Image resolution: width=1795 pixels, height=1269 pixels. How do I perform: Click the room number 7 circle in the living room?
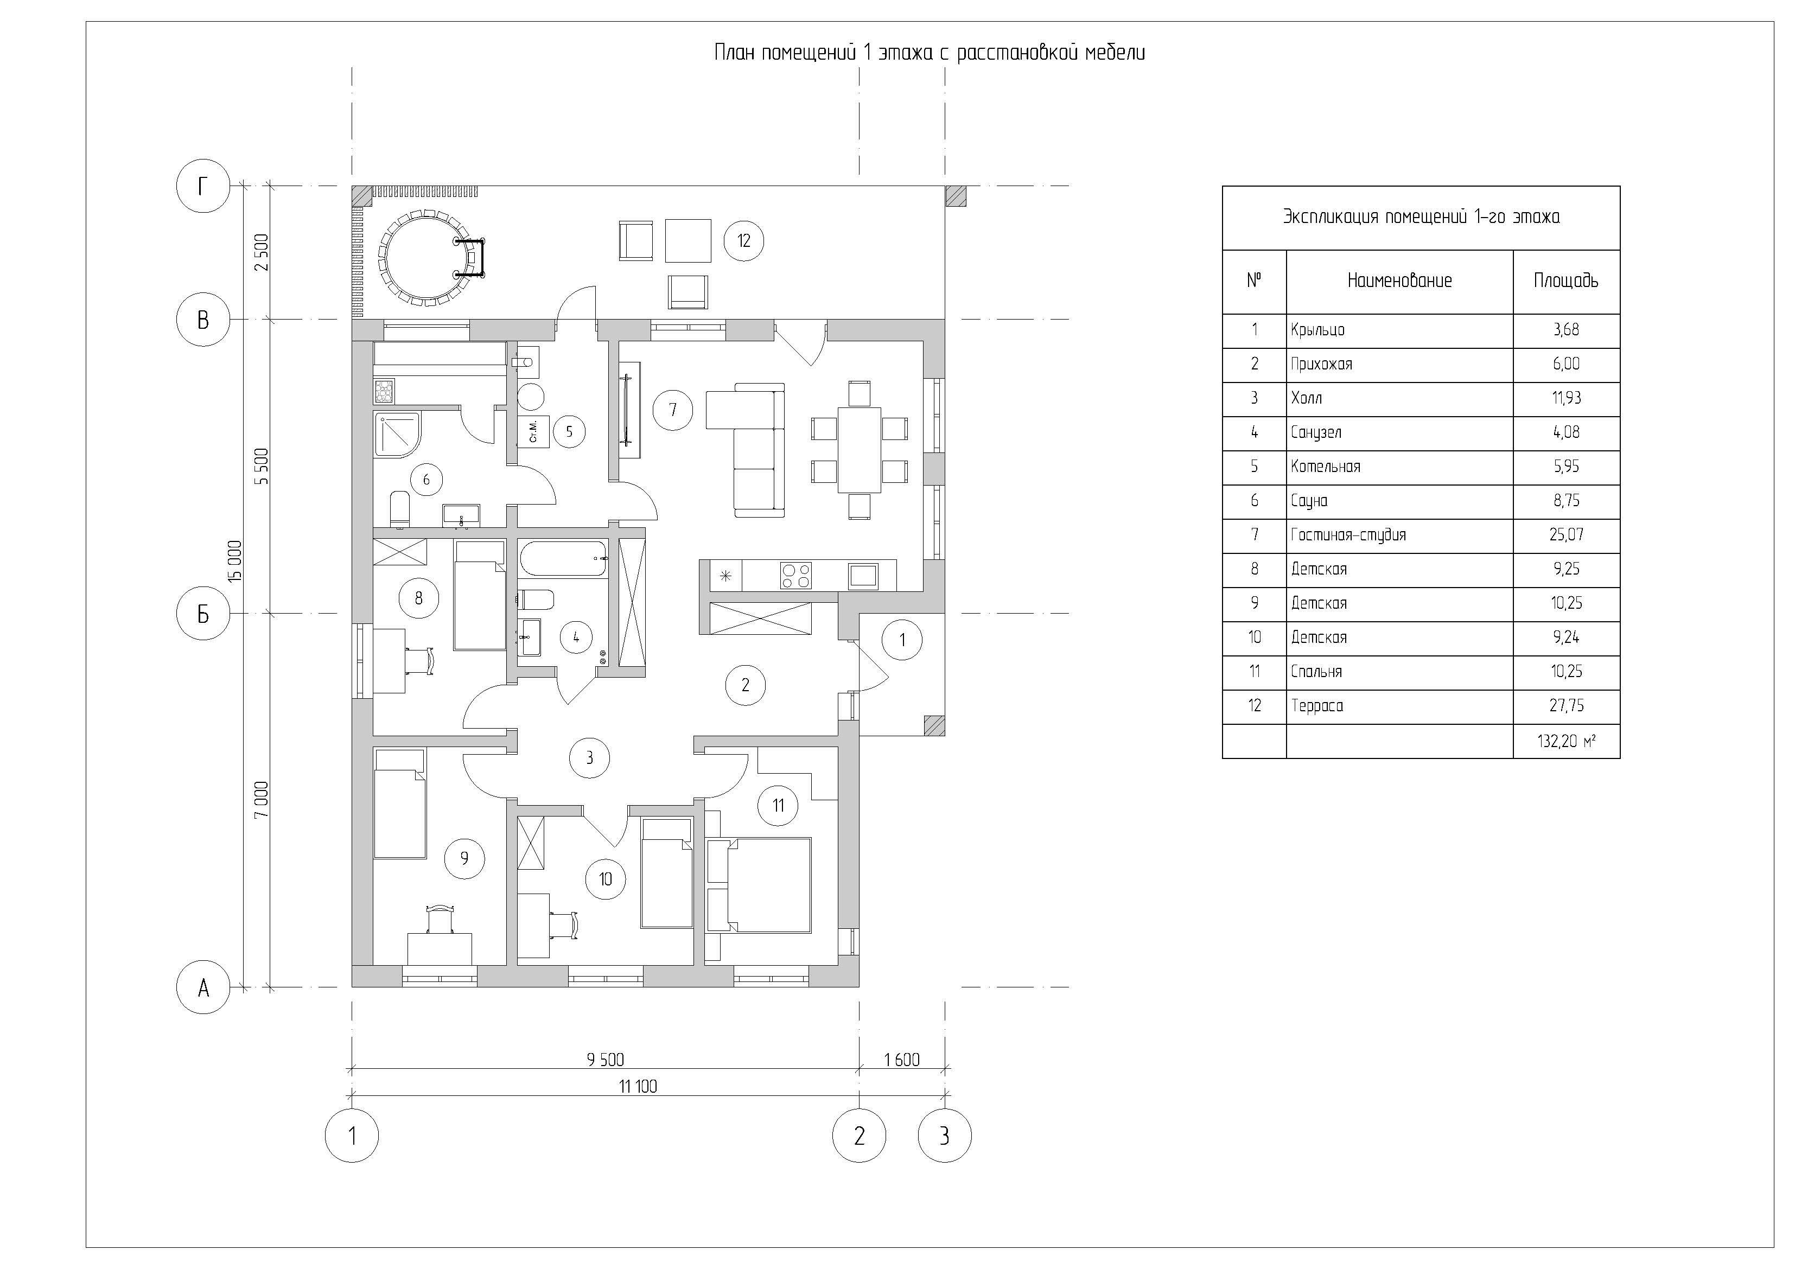coord(672,409)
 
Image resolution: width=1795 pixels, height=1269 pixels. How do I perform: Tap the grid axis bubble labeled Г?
coord(203,186)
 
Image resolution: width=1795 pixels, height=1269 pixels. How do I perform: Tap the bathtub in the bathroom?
coord(562,559)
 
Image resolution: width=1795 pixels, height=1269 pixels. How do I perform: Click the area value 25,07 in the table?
coord(1566,535)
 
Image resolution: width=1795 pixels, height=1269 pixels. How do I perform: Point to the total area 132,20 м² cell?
coord(1566,741)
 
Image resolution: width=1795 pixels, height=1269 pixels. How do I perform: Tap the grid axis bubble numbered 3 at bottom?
coord(944,1136)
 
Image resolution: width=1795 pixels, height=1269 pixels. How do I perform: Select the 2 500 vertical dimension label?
coord(262,252)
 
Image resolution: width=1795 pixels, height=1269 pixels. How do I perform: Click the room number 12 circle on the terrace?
coord(743,241)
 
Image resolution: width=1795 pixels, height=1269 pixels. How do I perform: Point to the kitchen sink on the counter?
coord(863,576)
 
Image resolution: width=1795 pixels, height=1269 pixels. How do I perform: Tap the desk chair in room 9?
coord(440,919)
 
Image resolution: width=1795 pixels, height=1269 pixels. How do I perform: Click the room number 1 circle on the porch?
coord(902,640)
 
